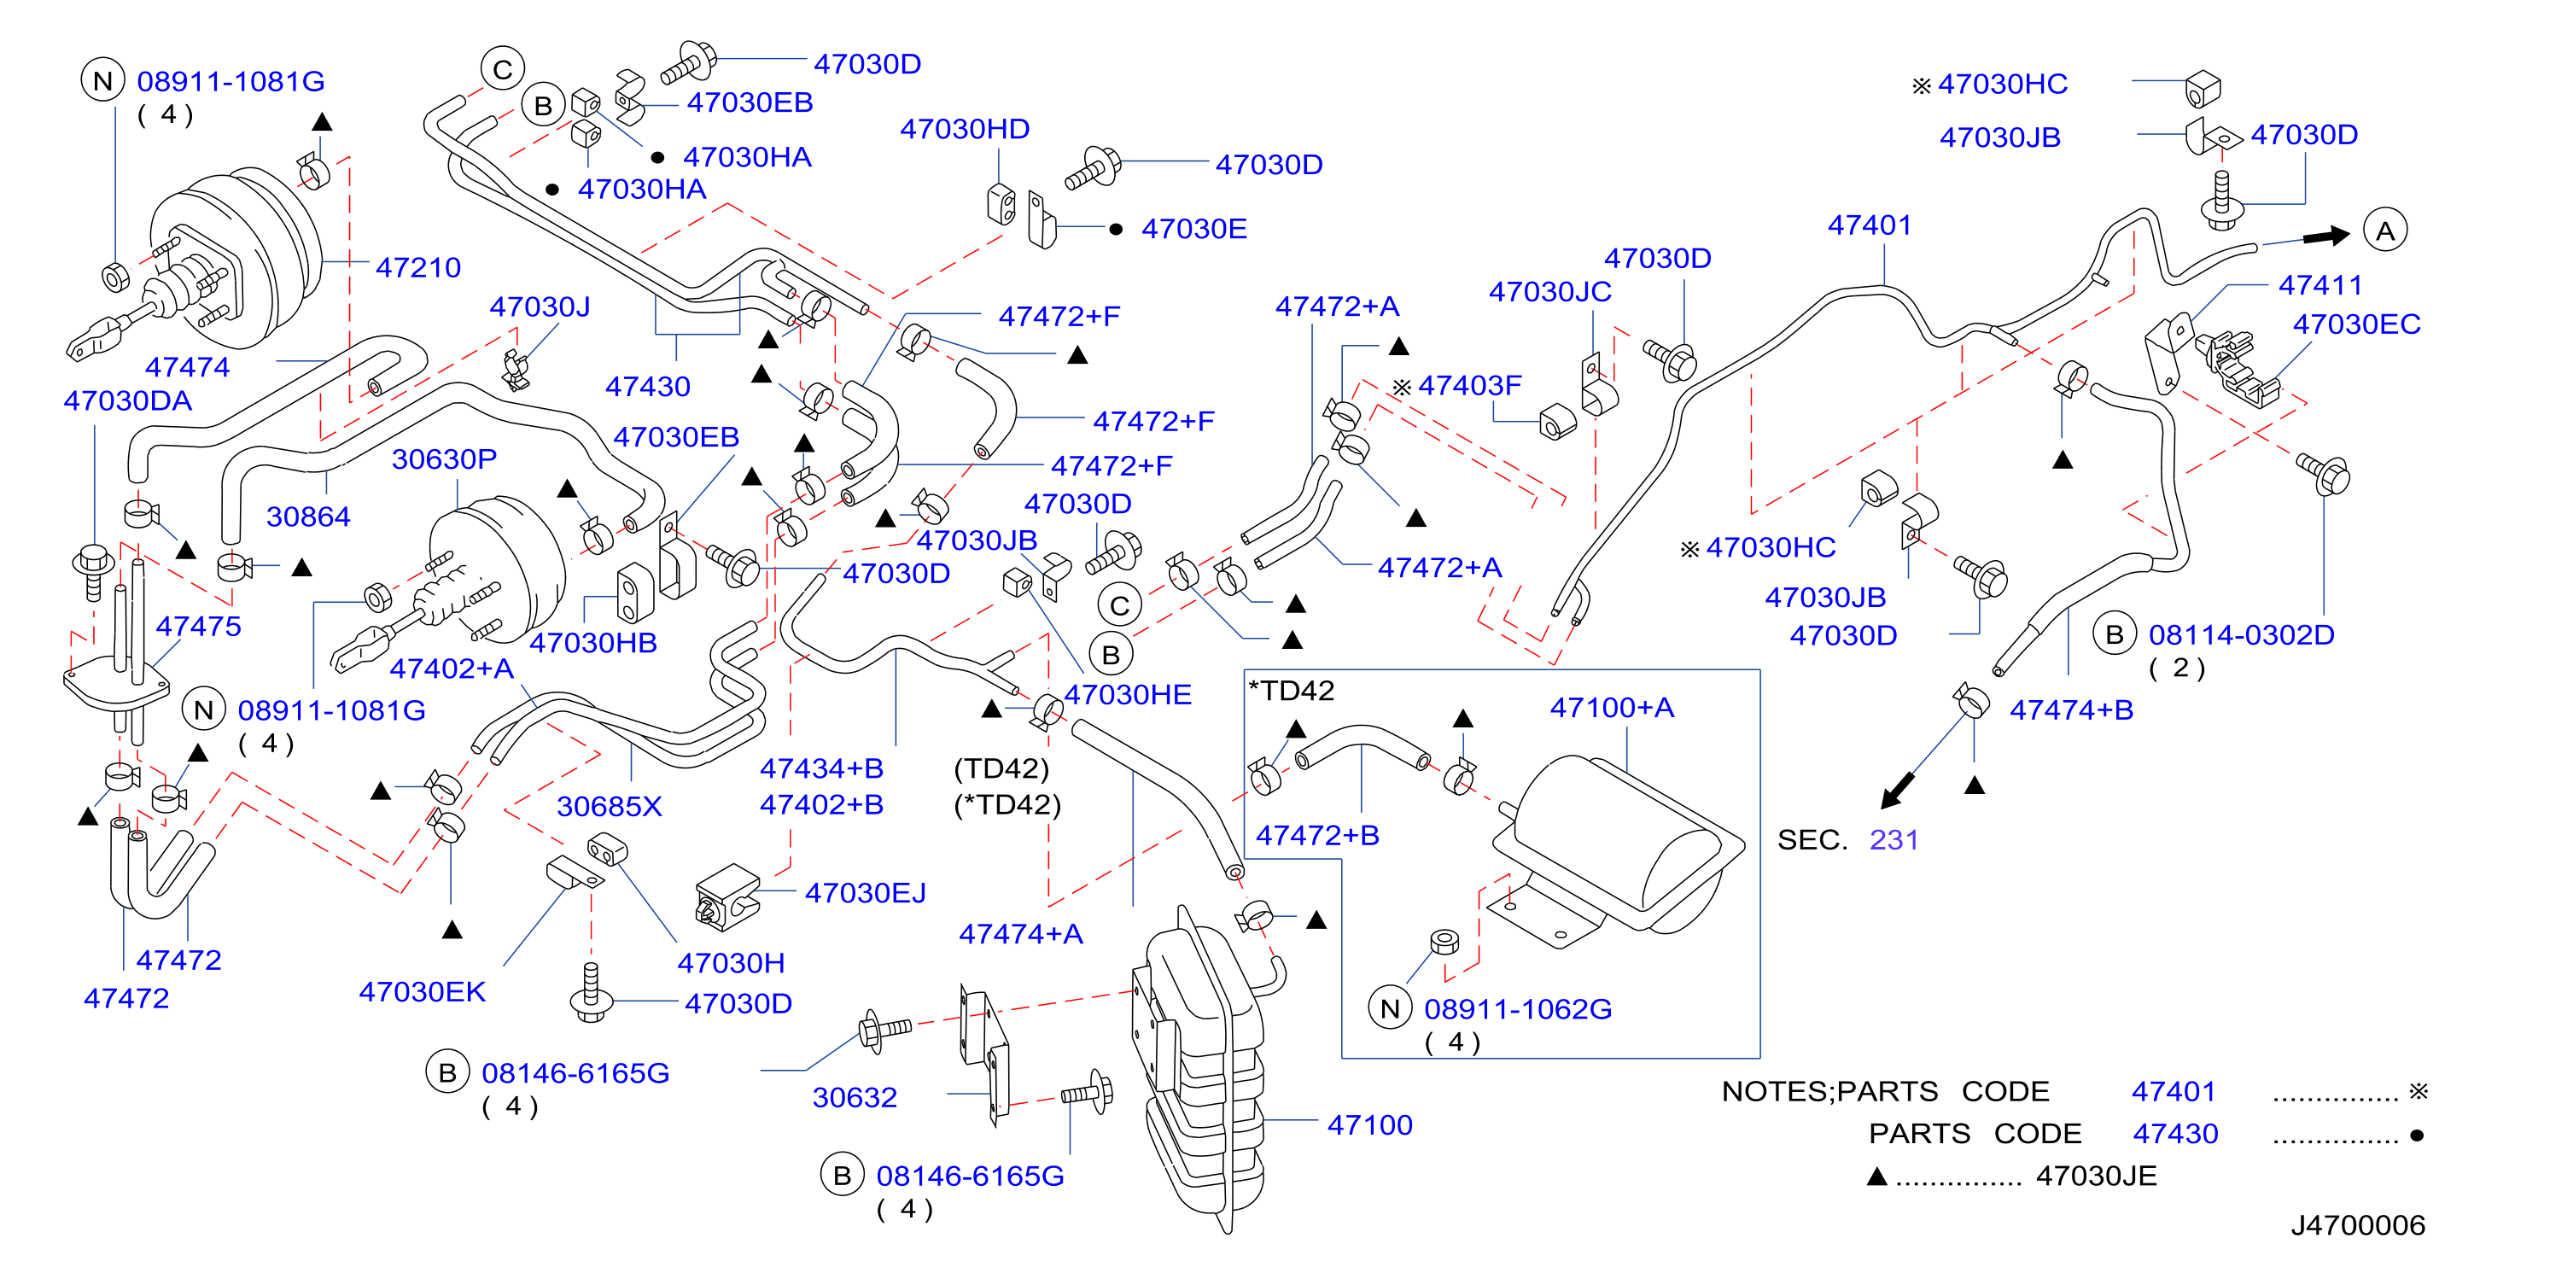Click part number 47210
point(417,267)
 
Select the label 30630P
point(445,459)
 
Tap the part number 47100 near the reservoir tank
point(1369,1124)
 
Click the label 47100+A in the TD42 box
point(1612,708)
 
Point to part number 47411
point(2320,285)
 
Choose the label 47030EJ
point(865,893)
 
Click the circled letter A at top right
point(2386,231)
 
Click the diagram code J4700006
point(2358,1225)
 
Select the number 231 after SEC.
point(1894,839)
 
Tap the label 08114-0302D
point(2241,634)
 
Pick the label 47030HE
point(1128,695)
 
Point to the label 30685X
point(609,807)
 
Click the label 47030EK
point(422,992)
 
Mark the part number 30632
point(855,1098)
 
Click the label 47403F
point(1469,385)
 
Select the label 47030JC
point(1550,292)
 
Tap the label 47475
point(198,627)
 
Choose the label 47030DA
point(128,401)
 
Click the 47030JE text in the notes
point(2096,1176)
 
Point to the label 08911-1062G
point(1518,1010)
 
